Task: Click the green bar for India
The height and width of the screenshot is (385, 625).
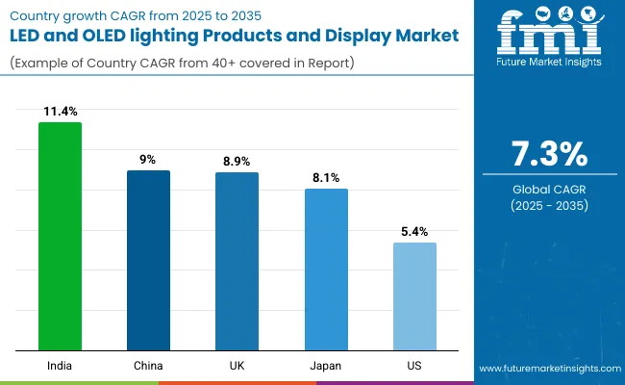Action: [60, 236]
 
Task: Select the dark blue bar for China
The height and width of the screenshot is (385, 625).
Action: [148, 260]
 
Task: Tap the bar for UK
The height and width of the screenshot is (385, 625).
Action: [237, 261]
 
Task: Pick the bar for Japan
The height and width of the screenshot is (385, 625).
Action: [326, 269]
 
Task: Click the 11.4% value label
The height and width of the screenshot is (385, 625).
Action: [60, 113]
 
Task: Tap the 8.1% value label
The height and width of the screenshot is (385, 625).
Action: [326, 179]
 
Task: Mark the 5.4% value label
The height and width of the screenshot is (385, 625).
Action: [414, 232]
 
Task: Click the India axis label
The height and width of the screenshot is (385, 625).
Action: [60, 366]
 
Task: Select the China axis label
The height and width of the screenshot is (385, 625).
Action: [148, 366]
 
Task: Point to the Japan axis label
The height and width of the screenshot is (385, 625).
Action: [326, 366]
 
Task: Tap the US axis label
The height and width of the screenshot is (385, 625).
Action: [414, 366]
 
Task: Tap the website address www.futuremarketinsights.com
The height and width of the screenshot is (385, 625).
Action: [548, 369]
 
